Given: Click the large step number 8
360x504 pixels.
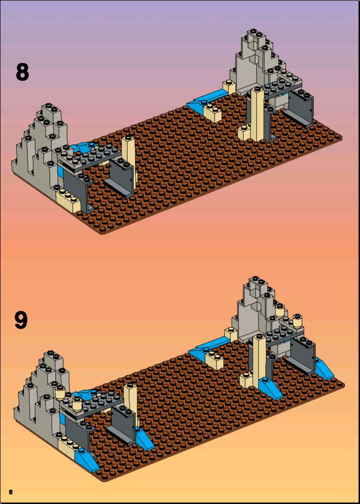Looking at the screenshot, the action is [22, 72].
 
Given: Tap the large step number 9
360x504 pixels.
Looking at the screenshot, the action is [21, 320].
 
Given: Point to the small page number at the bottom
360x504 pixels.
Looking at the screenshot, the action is [11, 492].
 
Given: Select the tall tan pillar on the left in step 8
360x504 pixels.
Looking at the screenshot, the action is [129, 158].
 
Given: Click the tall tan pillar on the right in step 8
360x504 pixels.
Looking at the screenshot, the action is [258, 114].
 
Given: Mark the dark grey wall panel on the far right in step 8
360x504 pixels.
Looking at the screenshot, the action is [301, 109].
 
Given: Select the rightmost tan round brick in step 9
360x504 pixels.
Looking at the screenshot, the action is [298, 320].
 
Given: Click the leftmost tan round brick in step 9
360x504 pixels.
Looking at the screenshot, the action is [60, 392].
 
